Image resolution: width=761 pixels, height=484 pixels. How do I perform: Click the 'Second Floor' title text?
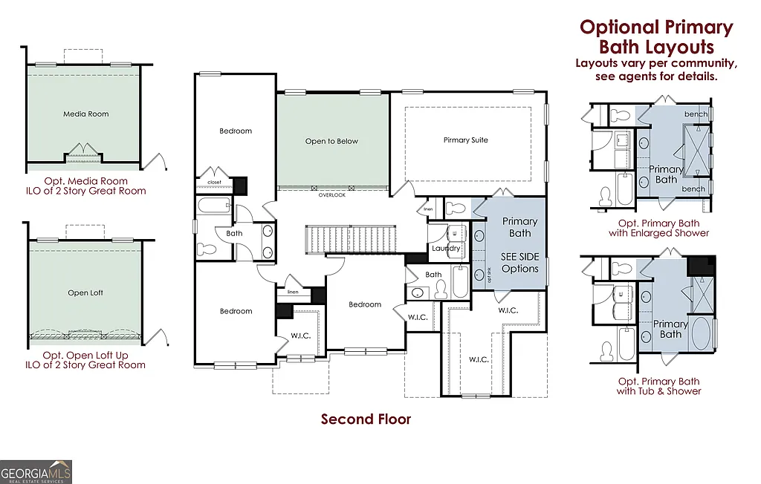(x=366, y=419)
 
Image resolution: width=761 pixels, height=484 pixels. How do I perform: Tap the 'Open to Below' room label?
(x=331, y=141)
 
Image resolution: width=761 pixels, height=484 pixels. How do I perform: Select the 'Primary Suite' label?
(x=466, y=140)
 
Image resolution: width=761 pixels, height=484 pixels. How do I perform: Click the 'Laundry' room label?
(x=446, y=248)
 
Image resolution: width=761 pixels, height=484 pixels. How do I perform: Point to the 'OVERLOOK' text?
(x=332, y=195)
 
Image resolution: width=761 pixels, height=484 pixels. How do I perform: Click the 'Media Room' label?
(x=86, y=114)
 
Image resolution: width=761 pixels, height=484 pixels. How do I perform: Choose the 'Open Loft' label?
(x=85, y=292)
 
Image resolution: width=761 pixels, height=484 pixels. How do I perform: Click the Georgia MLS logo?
(x=36, y=472)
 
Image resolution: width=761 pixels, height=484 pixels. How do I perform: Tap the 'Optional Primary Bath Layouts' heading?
(x=656, y=37)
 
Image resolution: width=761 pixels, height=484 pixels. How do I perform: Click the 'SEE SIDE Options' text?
(x=519, y=262)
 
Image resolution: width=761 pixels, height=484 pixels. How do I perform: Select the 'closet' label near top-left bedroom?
(x=214, y=182)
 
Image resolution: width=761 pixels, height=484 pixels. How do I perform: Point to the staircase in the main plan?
(x=353, y=239)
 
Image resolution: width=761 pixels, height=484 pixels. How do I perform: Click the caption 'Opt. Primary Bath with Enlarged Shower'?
(x=663, y=228)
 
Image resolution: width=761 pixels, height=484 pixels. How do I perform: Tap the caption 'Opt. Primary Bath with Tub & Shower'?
(x=658, y=386)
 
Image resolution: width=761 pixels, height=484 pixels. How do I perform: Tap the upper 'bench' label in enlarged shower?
(x=696, y=114)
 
